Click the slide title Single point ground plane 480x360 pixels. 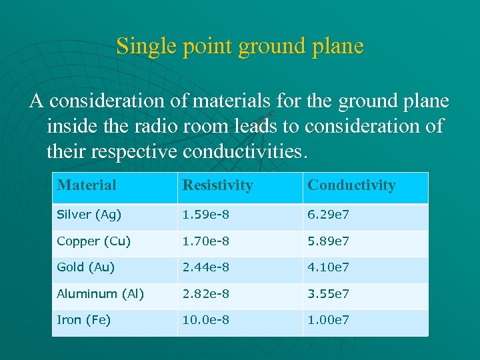tap(240, 46)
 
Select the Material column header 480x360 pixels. tap(87, 185)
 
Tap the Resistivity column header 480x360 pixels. tap(218, 185)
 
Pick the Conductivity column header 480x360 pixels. tap(351, 185)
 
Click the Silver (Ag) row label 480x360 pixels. tap(89, 215)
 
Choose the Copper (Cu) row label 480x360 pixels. tap(93, 241)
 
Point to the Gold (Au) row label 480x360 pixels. tap(86, 267)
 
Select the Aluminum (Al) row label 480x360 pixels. tap(100, 294)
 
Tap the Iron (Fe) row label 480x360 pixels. tap(84, 320)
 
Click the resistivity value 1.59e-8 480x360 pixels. tap(206, 215)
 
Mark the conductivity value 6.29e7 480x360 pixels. tap(328, 215)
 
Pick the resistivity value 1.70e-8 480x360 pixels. tap(206, 241)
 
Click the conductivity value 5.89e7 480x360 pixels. tap(328, 241)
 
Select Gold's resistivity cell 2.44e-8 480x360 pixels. tap(206, 267)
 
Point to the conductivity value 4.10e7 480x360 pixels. tap(328, 267)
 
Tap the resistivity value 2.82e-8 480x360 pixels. tap(206, 294)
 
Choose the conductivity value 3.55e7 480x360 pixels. tap(328, 294)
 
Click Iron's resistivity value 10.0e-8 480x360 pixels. tap(206, 320)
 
